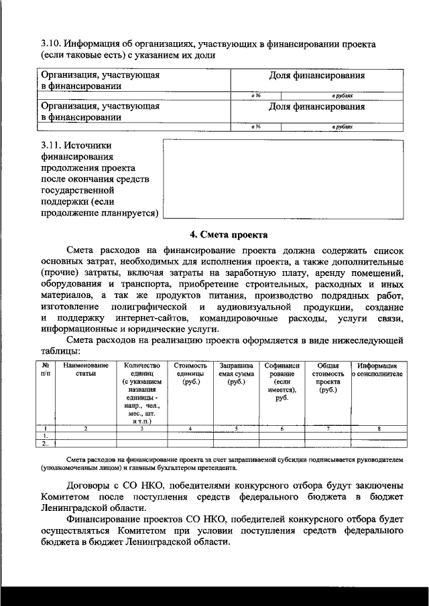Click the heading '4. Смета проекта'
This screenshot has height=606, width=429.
229,234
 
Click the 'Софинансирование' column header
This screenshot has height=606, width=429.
282,382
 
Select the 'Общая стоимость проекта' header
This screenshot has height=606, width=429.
328,378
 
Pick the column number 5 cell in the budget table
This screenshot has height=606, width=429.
235,428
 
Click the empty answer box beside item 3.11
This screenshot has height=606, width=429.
283,179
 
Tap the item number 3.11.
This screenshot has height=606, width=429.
51,145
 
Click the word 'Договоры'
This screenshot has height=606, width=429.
90,485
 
